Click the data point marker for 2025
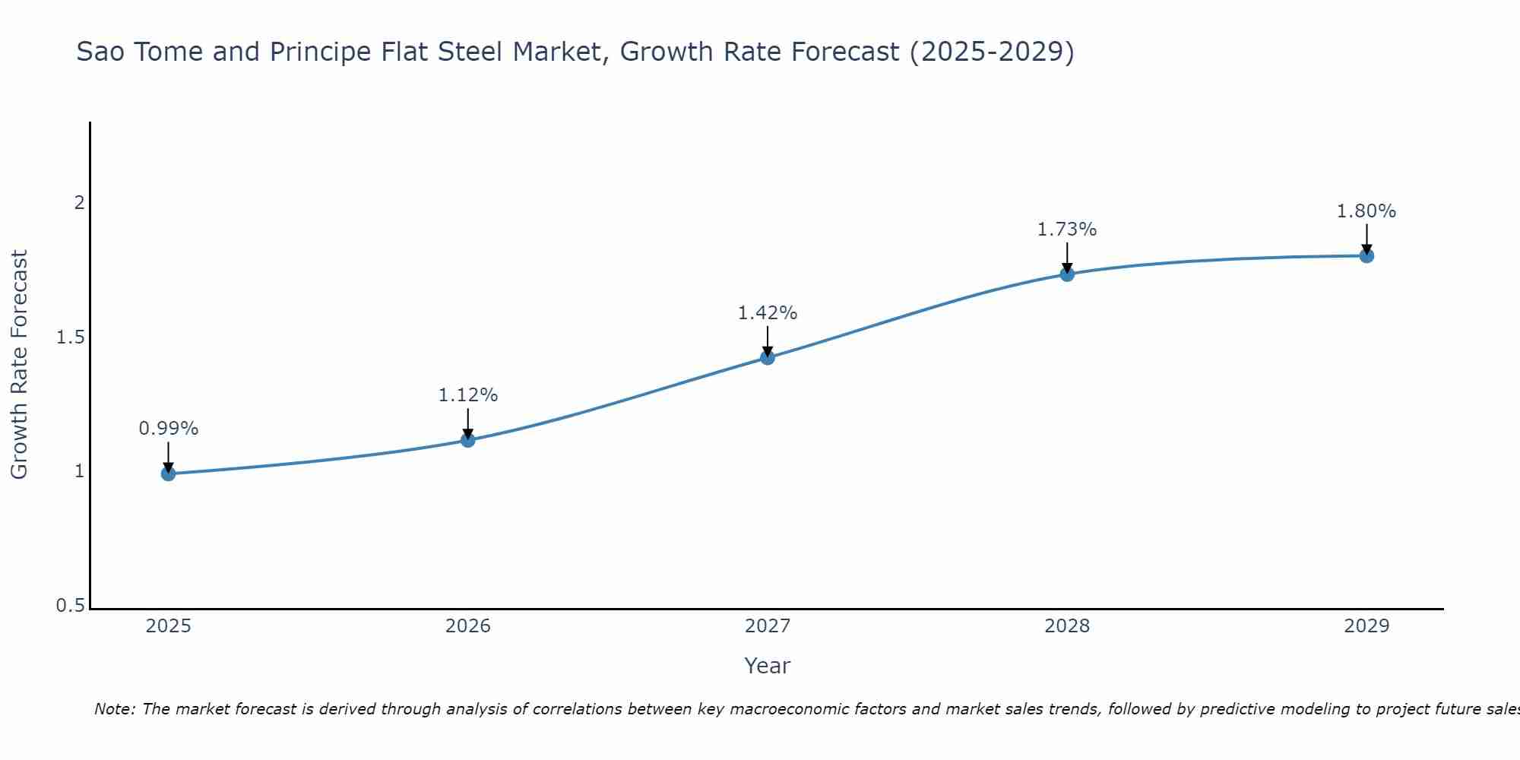(x=168, y=473)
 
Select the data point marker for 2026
(x=467, y=439)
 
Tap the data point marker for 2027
(x=767, y=357)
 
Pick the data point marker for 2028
(x=1066, y=274)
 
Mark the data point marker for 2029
(x=1366, y=255)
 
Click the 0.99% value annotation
(x=168, y=429)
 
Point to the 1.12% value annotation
(x=467, y=395)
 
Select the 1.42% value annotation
(x=767, y=313)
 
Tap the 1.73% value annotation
(x=1066, y=230)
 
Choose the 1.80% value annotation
(x=1366, y=211)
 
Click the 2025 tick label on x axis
(x=168, y=626)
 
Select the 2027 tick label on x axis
(x=767, y=626)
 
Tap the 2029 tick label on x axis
(x=1366, y=626)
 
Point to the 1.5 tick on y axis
(x=70, y=337)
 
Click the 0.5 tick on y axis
(x=70, y=606)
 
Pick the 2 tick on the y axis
(x=78, y=203)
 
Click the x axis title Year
(x=767, y=666)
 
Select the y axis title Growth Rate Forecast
(x=19, y=365)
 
